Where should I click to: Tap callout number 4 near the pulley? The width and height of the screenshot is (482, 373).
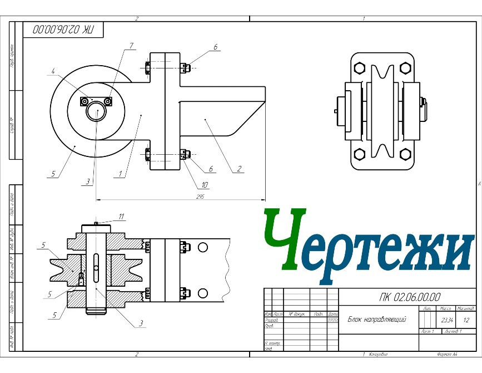click(53, 71)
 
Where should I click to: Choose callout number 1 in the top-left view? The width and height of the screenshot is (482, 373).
click(120, 174)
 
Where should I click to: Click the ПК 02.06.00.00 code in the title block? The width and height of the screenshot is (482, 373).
click(409, 297)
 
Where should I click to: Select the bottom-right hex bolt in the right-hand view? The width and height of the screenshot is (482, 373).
click(405, 154)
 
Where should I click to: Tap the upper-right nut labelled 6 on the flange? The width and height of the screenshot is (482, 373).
click(186, 67)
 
